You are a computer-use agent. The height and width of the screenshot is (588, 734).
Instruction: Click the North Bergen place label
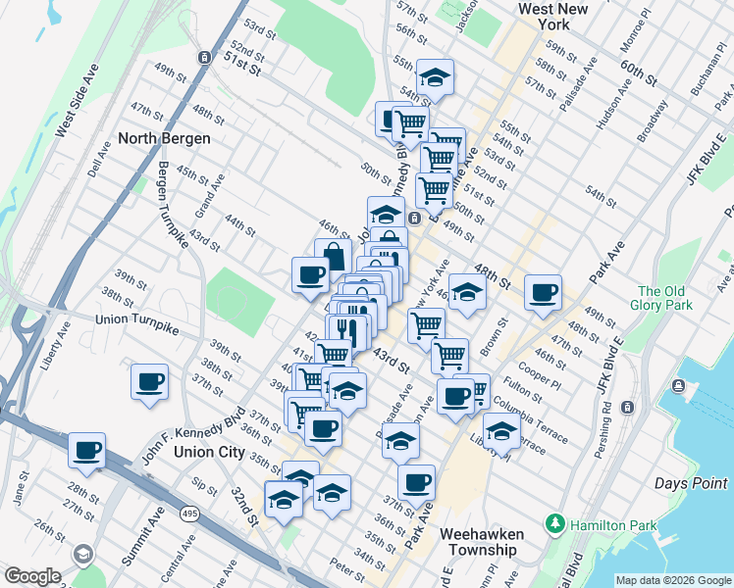164,138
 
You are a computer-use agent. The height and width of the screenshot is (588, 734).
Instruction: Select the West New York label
557,16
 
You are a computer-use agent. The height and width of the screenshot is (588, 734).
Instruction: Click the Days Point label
691,483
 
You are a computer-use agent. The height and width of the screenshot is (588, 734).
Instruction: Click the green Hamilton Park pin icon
556,525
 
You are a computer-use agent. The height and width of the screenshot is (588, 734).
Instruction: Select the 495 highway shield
189,512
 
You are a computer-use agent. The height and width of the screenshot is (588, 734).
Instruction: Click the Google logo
31,576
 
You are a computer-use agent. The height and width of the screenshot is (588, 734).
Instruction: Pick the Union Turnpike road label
137,320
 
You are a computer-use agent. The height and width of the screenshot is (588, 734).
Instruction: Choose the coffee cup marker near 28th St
87,451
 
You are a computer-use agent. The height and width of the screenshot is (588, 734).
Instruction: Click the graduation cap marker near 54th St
435,77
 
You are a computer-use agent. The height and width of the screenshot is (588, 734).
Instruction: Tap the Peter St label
346,566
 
